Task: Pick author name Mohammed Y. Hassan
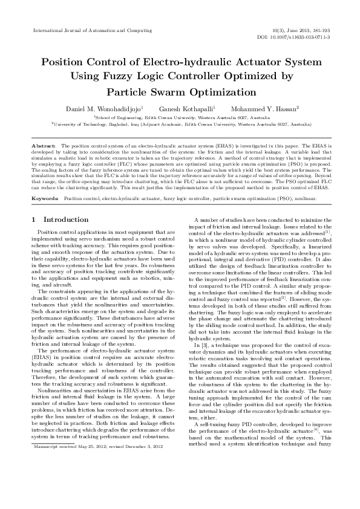[x=266, y=108]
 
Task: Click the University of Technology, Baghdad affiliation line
[x=181, y=123]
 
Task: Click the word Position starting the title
[x=63, y=62]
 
